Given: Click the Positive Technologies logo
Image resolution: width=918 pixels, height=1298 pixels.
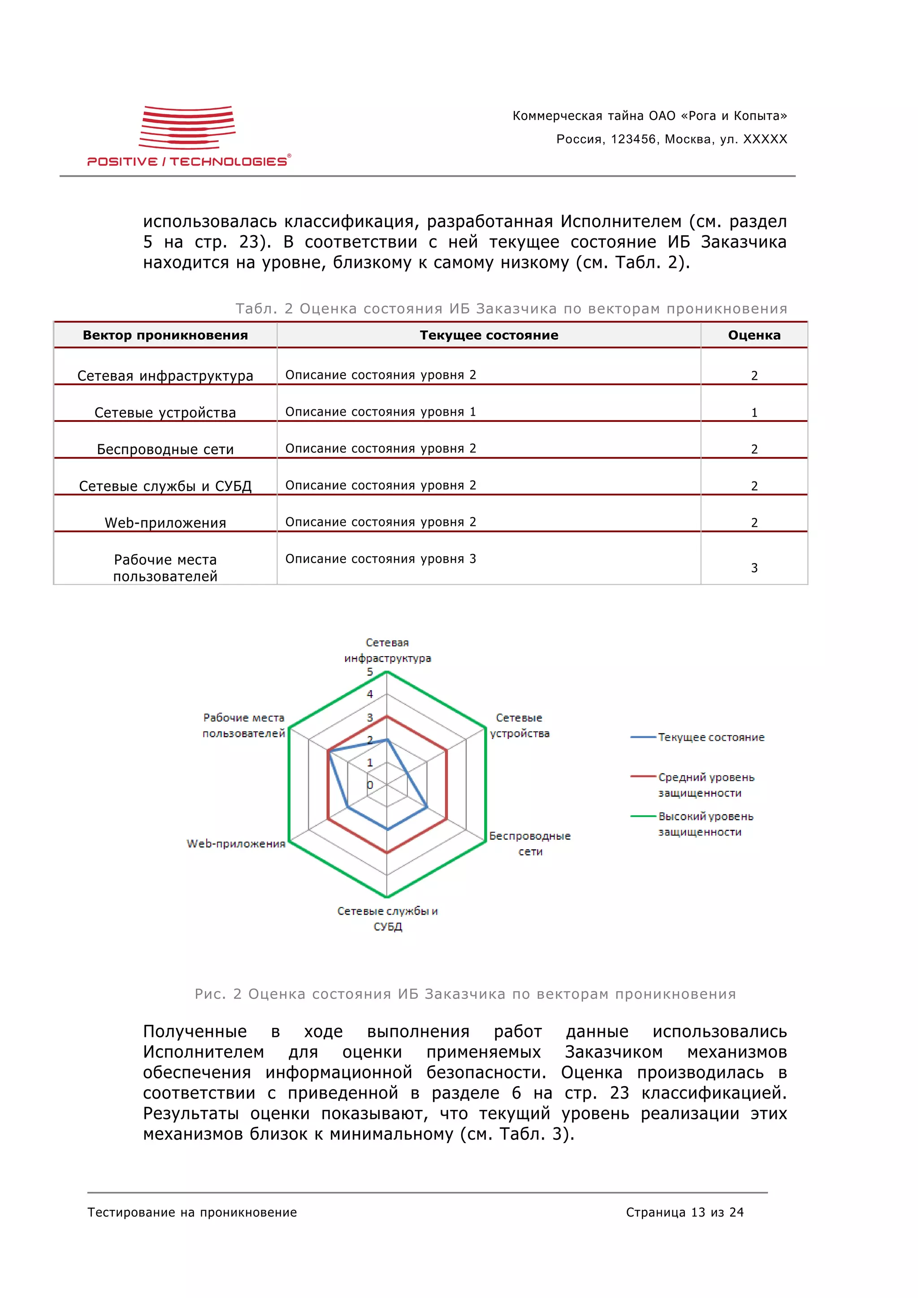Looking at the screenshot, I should pos(189,136).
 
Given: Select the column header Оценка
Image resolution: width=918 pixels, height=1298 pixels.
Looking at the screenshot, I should pos(753,335).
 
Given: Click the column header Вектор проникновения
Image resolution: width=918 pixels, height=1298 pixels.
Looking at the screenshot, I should pos(165,335).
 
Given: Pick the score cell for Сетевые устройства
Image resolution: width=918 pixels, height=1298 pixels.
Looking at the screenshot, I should pos(753,413).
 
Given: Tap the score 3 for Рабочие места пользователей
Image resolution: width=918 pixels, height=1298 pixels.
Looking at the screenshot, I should pos(753,567).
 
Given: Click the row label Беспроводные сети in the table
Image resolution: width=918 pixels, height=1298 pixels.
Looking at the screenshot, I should pos(165,449).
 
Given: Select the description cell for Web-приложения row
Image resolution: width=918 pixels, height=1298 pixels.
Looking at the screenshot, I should pos(380,522).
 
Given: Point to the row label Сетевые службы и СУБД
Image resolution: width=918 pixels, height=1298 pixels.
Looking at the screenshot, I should pos(165,486).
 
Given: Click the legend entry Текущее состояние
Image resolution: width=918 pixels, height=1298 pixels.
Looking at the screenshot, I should pos(710,737).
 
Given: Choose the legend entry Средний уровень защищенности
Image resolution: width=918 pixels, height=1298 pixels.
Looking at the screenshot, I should pos(706,785).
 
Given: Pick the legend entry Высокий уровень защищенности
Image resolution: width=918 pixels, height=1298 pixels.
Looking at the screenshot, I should pos(706,824).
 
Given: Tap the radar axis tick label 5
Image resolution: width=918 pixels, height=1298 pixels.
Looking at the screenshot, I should pos(370,672).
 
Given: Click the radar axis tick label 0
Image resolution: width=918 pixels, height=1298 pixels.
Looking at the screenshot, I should pos(370,785).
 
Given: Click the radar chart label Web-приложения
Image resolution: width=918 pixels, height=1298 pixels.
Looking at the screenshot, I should pos(236,843).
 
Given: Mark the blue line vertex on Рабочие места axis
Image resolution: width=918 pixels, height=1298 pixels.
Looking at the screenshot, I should pos(328,751).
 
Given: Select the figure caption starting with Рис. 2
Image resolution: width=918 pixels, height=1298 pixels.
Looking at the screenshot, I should pos(465,994).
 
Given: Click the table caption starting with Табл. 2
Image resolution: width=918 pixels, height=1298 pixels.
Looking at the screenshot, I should pos(511,309).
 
